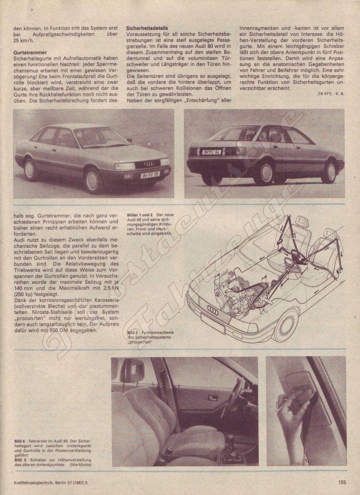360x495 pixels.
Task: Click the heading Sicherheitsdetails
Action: point(147,28)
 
